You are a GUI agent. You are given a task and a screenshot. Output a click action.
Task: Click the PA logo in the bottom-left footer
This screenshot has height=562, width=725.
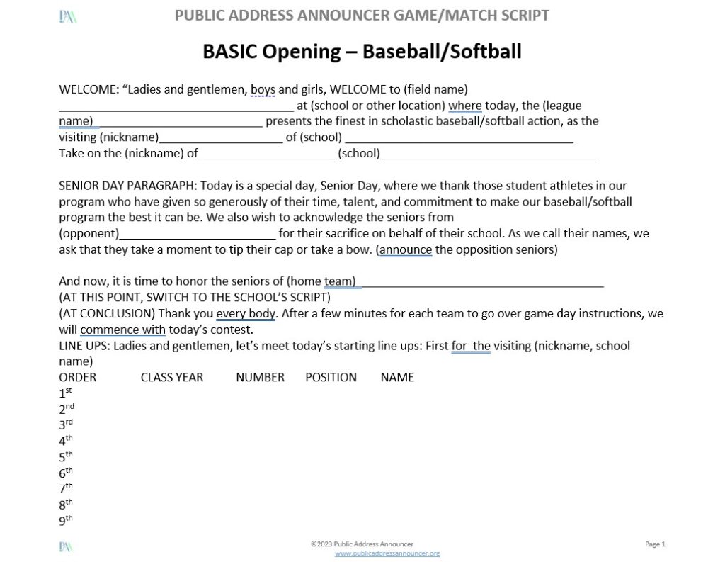point(67,546)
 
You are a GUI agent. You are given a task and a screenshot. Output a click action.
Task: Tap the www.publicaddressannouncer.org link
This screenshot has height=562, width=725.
point(387,553)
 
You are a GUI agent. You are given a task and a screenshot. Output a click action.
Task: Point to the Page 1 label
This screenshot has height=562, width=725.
point(656,544)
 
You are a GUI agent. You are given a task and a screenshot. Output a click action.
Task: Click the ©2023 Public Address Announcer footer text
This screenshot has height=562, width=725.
point(362,544)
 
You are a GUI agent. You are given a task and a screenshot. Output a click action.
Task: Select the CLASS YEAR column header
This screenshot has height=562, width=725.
point(171,377)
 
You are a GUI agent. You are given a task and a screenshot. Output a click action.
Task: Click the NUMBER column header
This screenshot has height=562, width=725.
point(260,377)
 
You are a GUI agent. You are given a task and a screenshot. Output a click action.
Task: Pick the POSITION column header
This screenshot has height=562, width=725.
point(331,377)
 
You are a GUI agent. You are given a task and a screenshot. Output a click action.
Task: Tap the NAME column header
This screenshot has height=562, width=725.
point(397,377)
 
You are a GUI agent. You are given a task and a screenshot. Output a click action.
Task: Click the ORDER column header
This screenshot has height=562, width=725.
point(77,377)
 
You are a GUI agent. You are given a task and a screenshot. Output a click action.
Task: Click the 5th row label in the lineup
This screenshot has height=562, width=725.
point(66,456)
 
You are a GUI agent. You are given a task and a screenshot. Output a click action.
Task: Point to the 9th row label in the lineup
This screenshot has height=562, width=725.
point(66,521)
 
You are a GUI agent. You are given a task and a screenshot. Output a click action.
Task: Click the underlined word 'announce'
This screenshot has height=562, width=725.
point(405,249)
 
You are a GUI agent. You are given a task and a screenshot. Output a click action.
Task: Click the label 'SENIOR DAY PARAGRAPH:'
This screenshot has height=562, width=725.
point(127,186)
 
